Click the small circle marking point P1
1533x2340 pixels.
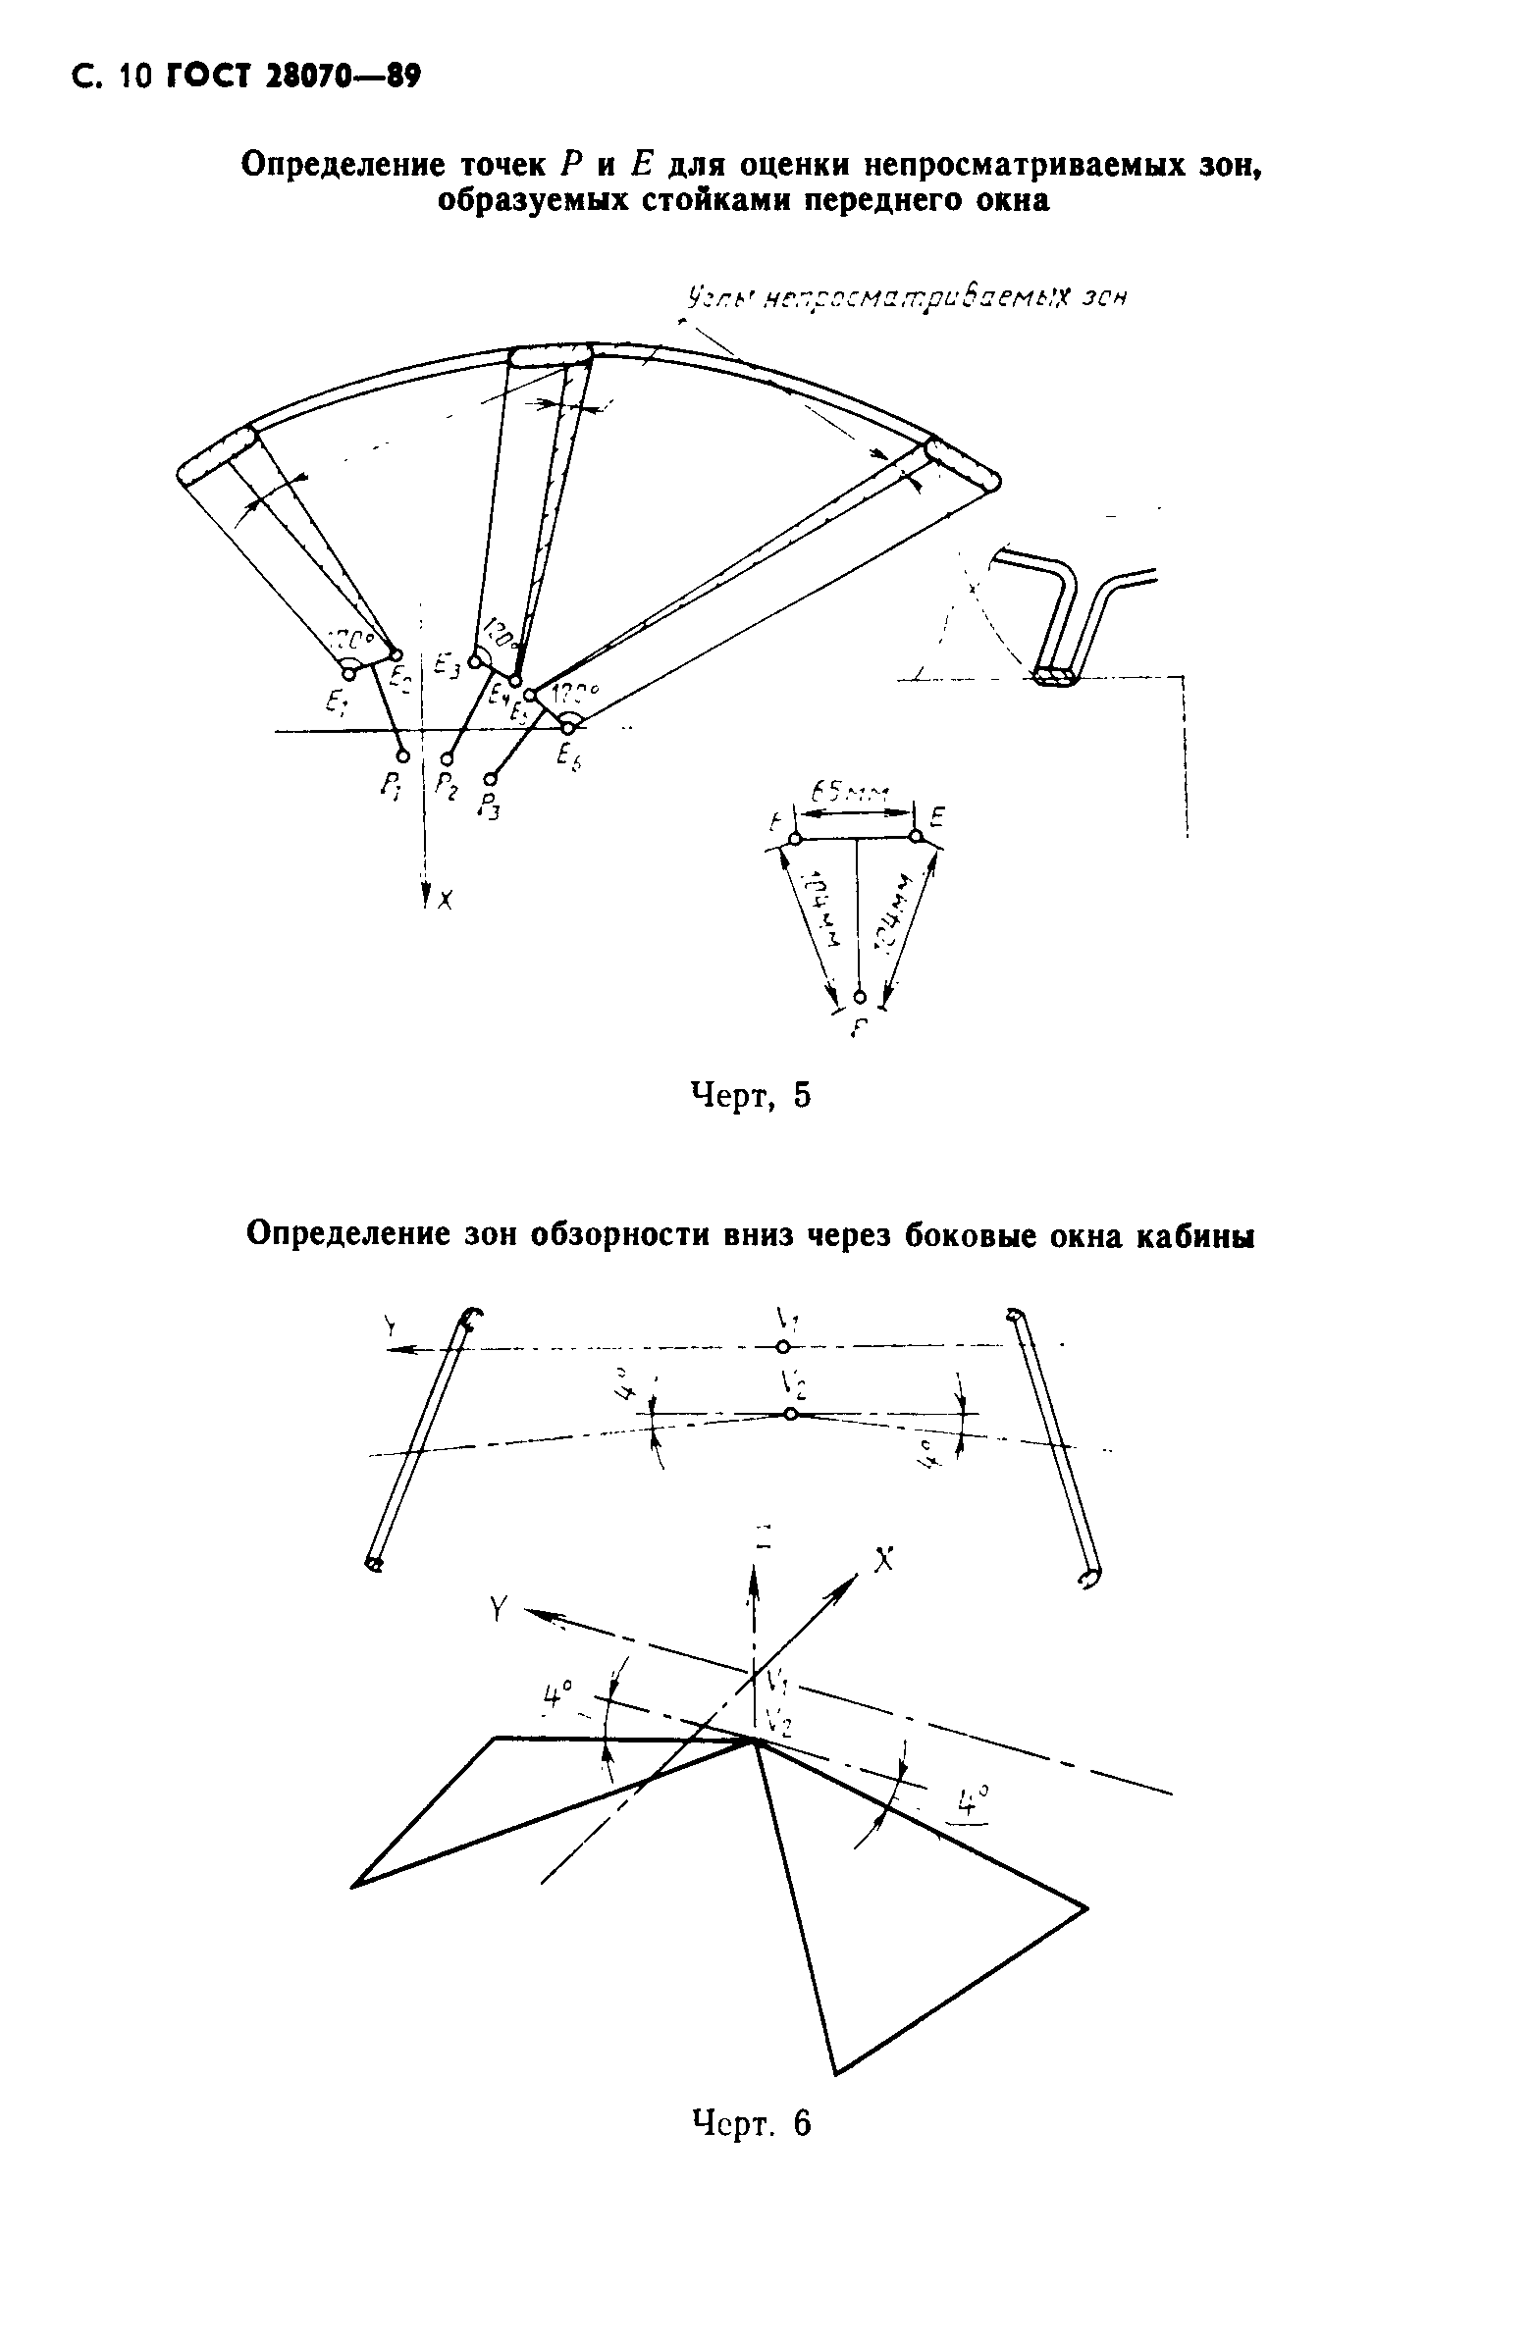coord(402,755)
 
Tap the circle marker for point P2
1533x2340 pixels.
coord(448,759)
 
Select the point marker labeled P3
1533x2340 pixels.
coord(491,779)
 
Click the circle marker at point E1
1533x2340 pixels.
coord(348,673)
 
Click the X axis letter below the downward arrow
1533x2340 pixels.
coord(445,899)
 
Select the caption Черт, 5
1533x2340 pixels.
coord(751,1095)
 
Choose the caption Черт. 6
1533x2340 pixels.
coord(752,2124)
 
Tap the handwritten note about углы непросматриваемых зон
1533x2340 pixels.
coord(905,296)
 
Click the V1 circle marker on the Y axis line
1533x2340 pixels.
coord(783,1347)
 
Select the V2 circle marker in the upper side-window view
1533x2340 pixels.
coord(791,1414)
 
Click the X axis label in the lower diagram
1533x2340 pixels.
coord(884,1559)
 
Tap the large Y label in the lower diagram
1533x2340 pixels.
coord(501,1608)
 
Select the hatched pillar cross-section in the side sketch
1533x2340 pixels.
coord(1057,677)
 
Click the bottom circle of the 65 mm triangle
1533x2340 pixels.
coord(860,997)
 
